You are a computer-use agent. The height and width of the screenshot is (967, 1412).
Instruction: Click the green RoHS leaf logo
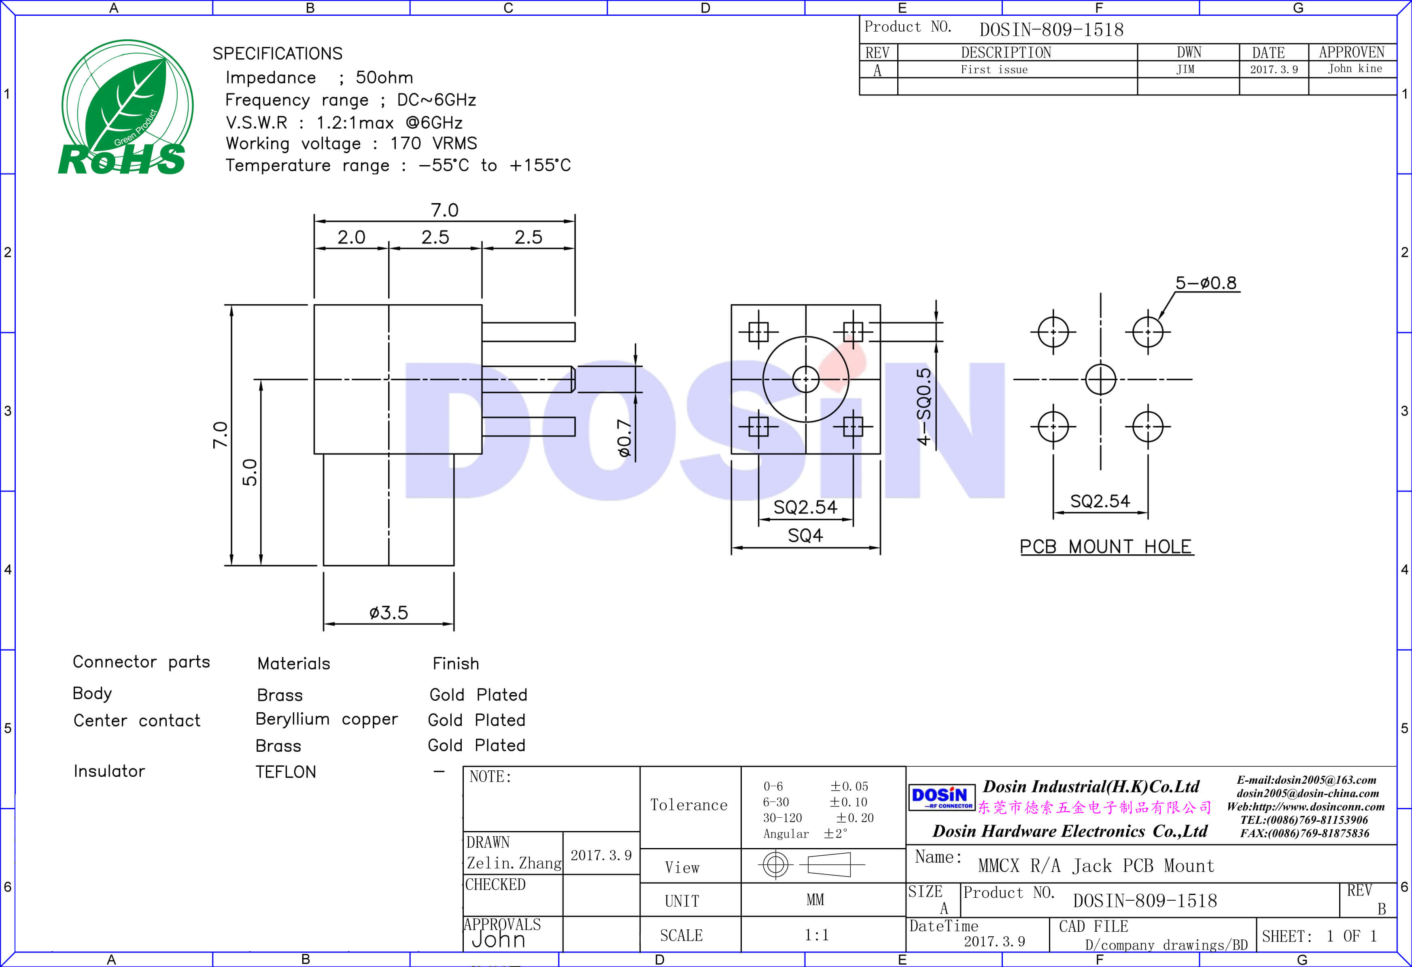coord(126,108)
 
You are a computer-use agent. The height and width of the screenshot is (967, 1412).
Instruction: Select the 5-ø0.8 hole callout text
coord(1206,283)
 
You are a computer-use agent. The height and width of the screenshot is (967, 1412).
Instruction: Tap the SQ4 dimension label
coord(805,535)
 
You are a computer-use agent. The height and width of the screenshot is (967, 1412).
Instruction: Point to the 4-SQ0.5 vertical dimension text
coord(924,406)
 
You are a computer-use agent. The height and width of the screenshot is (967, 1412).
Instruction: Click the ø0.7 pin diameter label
coord(624,437)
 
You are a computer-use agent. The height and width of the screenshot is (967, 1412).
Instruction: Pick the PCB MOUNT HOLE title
coord(1106,547)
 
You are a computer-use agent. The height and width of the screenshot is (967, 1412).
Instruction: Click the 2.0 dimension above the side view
coord(351,237)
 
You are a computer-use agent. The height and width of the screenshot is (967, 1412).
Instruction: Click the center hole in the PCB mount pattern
coord(1100,379)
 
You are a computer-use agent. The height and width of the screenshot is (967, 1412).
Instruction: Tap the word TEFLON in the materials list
coord(286,772)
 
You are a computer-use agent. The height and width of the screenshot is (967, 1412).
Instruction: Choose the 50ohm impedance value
coord(384,78)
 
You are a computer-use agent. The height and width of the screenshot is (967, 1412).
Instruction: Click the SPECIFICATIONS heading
coord(277,53)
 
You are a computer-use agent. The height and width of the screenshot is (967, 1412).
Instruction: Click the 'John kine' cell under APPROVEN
coord(1354,69)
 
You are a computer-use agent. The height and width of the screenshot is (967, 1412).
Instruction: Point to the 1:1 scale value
coord(816,935)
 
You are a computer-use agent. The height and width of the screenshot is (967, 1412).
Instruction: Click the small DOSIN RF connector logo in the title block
coord(941,797)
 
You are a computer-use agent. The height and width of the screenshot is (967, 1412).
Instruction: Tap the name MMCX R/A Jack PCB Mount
coord(1096,865)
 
